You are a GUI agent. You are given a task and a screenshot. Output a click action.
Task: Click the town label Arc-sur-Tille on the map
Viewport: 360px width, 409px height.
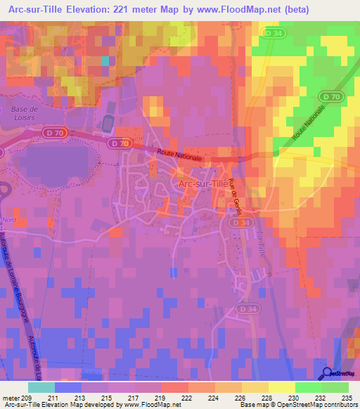[202, 183]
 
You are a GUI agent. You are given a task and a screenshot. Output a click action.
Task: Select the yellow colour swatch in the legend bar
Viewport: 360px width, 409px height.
[281, 387]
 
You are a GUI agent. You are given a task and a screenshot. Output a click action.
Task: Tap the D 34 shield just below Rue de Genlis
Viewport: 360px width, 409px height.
[238, 222]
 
